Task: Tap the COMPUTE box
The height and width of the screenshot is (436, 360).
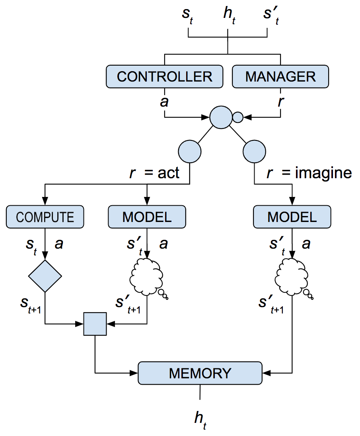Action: coord(45,217)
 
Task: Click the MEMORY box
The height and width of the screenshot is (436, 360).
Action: coord(200,373)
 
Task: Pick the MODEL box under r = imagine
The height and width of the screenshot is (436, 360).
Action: coord(292,217)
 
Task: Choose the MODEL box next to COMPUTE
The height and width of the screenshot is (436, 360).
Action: coord(147,217)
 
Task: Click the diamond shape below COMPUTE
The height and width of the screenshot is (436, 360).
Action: coord(45,276)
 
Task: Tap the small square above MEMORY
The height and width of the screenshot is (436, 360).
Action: coord(95,324)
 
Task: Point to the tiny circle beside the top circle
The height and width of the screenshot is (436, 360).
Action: coord(237,117)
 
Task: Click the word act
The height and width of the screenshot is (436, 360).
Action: coord(168,173)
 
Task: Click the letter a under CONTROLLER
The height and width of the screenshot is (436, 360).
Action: coord(164,101)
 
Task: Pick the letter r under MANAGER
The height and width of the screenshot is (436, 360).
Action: coord(281,101)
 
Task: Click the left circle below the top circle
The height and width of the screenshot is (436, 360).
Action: coord(190,152)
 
